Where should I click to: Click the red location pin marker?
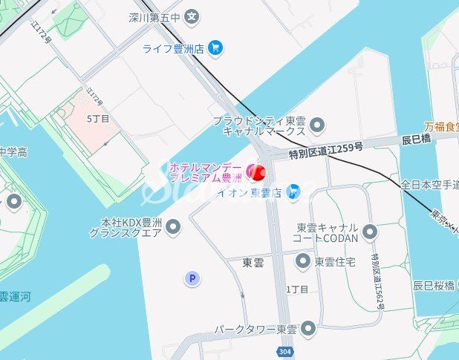tap(259, 172)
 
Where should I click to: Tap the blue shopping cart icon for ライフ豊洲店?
tap(215, 48)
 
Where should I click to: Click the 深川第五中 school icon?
tap(192, 16)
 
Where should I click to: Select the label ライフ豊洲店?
tap(173, 49)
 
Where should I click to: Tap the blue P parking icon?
tap(192, 278)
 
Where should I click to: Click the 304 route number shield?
tap(285, 351)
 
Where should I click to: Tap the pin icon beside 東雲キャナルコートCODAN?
tap(369, 232)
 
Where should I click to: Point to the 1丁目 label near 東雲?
tap(296, 288)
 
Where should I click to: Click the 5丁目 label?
tap(98, 119)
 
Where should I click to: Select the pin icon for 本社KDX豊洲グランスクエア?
tap(173, 226)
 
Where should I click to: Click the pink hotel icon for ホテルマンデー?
tap(251, 170)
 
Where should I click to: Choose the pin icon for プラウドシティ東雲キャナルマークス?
tap(318, 124)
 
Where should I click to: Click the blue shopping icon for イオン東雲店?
tap(294, 192)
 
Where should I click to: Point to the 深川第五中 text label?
tap(155, 16)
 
